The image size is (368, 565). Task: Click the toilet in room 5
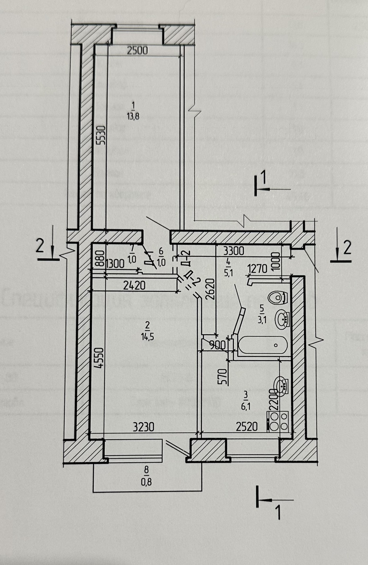point(278,297)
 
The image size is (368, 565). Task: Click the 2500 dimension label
point(137,50)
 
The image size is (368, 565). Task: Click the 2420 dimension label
point(134,285)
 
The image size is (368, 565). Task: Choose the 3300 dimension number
point(234,251)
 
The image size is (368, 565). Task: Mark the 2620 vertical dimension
point(211,289)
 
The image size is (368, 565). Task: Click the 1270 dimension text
point(257,269)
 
